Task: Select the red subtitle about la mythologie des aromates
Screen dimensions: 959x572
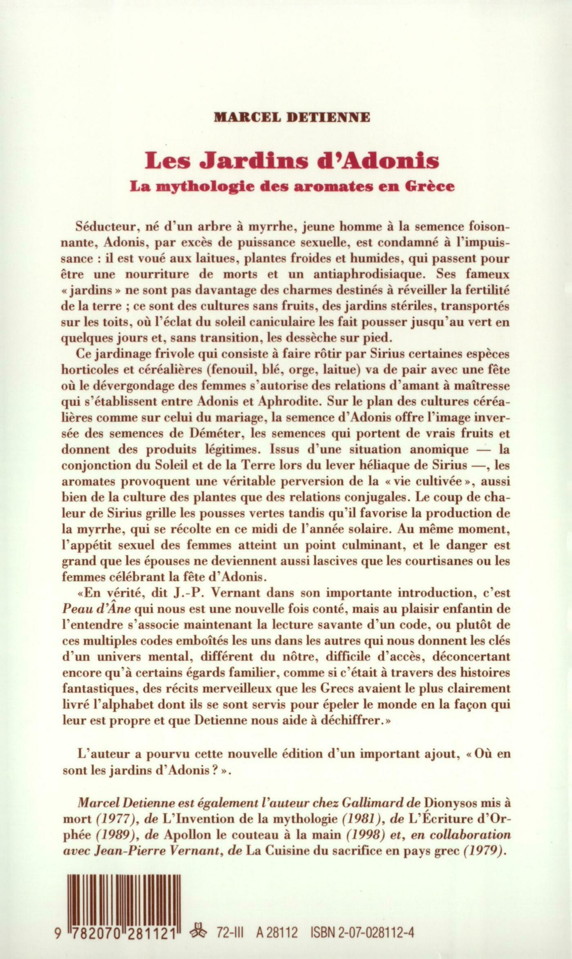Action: pyautogui.click(x=292, y=186)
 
